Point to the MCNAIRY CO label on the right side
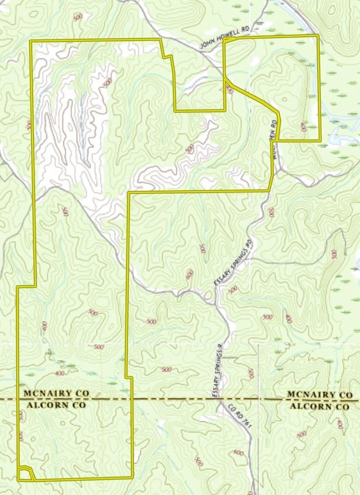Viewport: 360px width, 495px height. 320,394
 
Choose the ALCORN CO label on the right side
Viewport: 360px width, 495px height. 320,406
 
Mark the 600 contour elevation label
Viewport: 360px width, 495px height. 239,454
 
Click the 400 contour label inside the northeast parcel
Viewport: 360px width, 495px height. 304,126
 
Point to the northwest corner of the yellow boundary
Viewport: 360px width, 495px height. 33,42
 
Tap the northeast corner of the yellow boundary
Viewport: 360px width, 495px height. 318,36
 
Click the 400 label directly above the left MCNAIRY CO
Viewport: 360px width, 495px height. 60,373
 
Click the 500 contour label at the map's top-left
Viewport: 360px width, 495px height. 78,17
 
